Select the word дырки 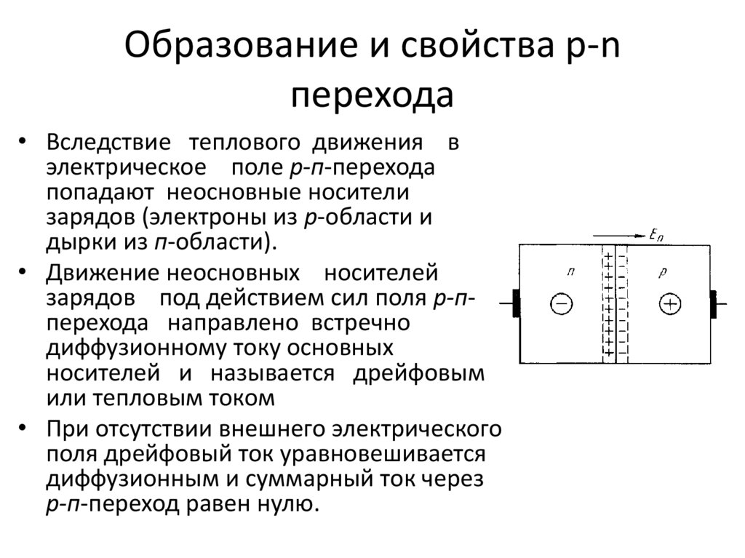tap(81, 242)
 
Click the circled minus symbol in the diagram tap(561, 304)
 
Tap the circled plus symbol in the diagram tap(669, 304)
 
